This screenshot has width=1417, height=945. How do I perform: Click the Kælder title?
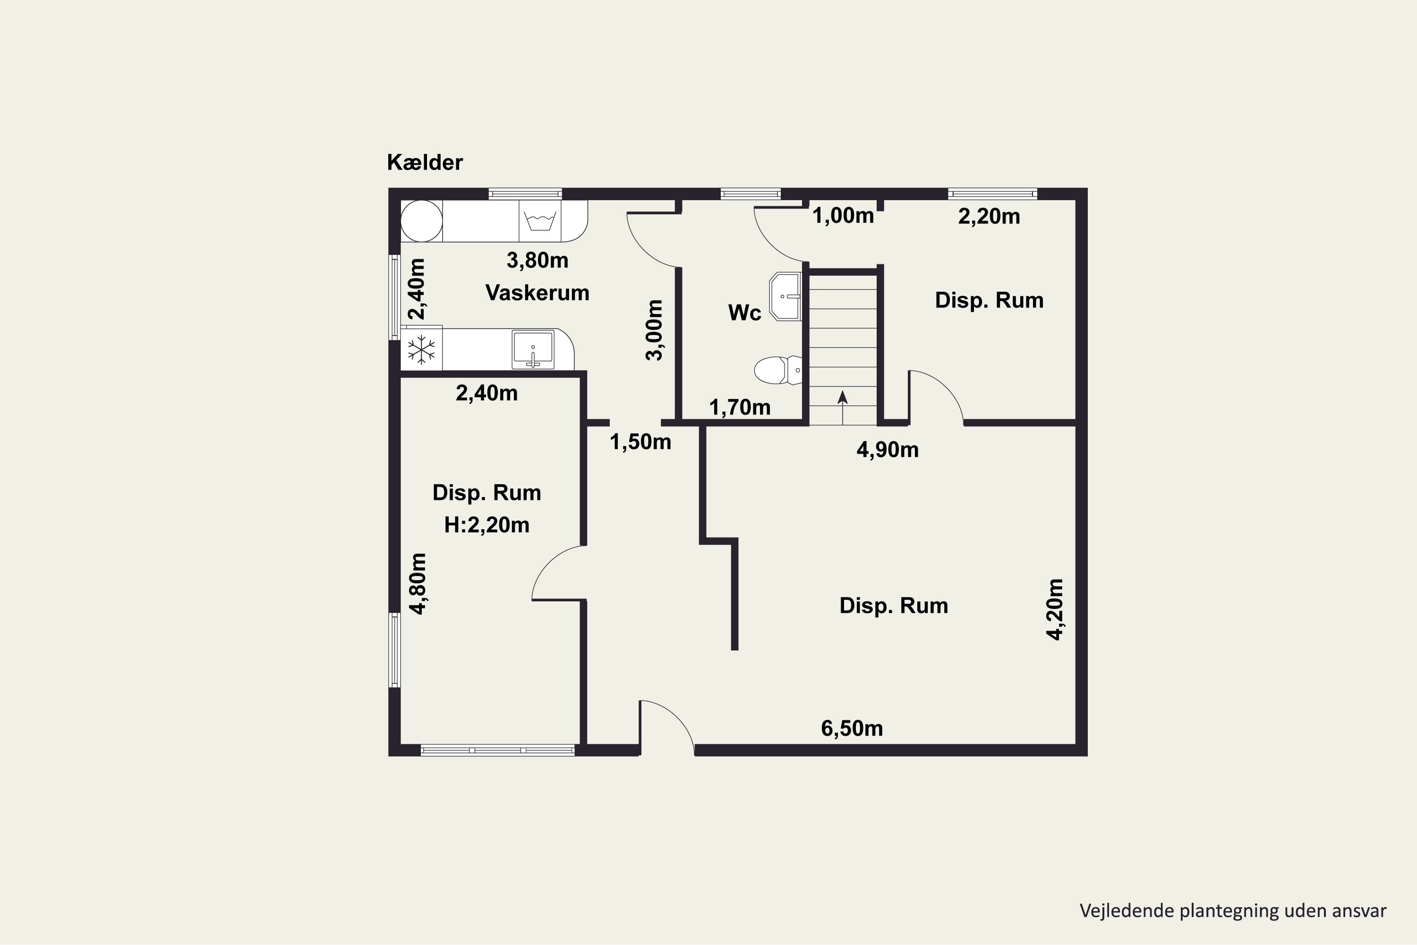[x=425, y=162]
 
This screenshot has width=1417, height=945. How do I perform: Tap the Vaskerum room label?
[x=538, y=293]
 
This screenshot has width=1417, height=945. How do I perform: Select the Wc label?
[x=745, y=313]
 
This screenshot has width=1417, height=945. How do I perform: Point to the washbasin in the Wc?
[x=785, y=297]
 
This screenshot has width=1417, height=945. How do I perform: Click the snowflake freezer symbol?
[x=422, y=350]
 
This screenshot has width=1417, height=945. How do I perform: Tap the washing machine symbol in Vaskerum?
[x=540, y=221]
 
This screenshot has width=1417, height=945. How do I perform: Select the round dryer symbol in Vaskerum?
[x=422, y=221]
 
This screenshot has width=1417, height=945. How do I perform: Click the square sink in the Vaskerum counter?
[x=533, y=350]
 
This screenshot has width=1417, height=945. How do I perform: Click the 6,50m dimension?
[x=852, y=729]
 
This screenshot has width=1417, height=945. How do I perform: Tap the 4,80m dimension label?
[x=418, y=584]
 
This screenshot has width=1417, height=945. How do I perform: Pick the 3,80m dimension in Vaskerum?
[x=538, y=260]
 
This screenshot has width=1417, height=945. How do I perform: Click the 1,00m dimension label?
[x=843, y=216]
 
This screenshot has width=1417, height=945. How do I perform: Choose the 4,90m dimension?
[x=888, y=450]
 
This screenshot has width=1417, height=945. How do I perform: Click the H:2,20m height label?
[x=487, y=525]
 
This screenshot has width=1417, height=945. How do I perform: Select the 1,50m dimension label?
[x=640, y=442]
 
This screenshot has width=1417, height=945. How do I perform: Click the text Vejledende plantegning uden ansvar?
[x=1233, y=911]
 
